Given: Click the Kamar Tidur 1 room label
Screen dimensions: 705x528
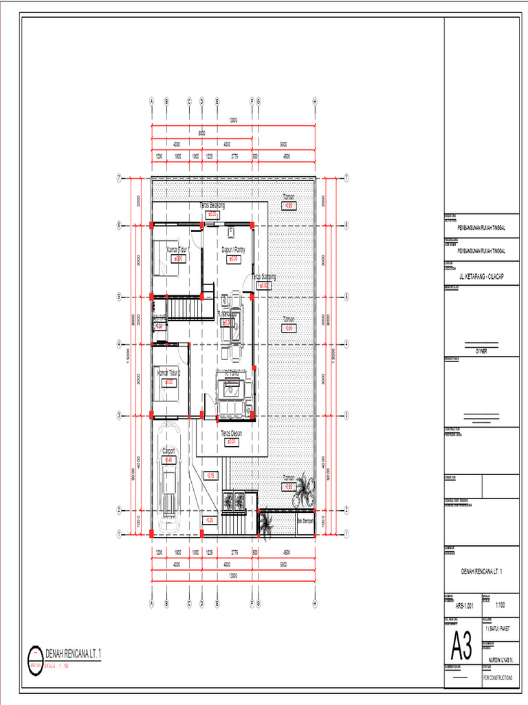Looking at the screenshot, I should (x=177, y=250).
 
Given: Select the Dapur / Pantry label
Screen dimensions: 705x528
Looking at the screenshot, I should (x=233, y=250).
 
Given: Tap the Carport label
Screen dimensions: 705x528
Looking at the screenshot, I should (x=168, y=451).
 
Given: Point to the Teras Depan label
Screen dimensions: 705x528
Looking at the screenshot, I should (x=232, y=434).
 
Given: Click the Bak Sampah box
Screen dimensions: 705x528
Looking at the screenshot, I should (x=305, y=521).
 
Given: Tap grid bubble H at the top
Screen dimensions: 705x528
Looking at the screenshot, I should (x=314, y=101).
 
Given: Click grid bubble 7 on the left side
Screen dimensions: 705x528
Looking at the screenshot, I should (x=119, y=178).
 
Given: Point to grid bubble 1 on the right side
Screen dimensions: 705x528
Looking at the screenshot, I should (x=346, y=533).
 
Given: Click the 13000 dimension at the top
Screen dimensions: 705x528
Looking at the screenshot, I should (x=233, y=120).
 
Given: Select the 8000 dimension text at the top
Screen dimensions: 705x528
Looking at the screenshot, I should (x=201, y=133).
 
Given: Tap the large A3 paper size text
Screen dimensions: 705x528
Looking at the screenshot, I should (x=461, y=647).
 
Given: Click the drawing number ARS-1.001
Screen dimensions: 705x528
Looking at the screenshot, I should (x=465, y=606).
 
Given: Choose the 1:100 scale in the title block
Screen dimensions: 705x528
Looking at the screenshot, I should (x=500, y=605).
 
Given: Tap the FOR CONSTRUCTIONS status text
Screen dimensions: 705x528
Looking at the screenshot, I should (x=500, y=677).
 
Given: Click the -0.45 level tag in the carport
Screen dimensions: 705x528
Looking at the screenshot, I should (x=168, y=459).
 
